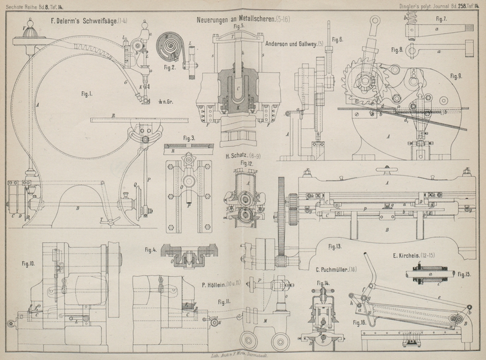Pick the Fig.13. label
pyautogui.click(x=333, y=246)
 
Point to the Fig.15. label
pyautogui.click(x=466, y=275)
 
